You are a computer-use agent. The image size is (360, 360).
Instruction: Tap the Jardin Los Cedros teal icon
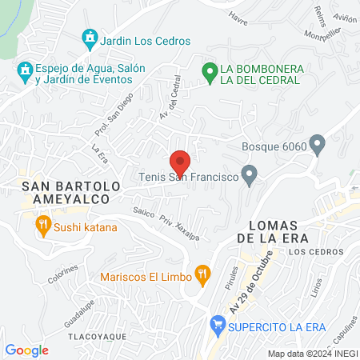[90, 38]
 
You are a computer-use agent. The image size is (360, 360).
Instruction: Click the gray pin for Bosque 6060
[318, 146]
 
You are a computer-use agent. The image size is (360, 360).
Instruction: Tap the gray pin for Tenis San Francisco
[250, 174]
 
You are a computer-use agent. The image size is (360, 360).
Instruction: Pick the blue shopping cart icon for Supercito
[216, 326]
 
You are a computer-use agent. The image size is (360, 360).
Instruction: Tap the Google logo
[27, 350]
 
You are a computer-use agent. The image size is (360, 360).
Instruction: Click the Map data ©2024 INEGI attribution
[312, 354]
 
